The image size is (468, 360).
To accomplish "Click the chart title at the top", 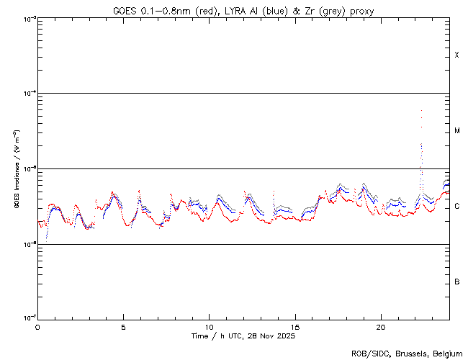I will pyautogui.click(x=243, y=10).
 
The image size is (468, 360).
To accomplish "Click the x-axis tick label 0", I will pyautogui.click(x=37, y=326).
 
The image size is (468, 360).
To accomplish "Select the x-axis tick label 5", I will pyautogui.click(x=123, y=326).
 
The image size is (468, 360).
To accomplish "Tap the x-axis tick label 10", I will pyautogui.click(x=209, y=326).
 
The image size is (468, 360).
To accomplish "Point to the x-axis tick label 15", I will pyautogui.click(x=295, y=326).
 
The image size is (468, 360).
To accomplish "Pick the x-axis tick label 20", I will pyautogui.click(x=381, y=326).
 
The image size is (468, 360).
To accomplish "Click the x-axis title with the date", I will pyautogui.click(x=243, y=336).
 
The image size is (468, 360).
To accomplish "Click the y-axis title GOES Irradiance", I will pyautogui.click(x=16, y=169).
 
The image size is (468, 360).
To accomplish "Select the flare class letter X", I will pyautogui.click(x=457, y=55).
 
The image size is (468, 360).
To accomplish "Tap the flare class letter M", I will pyautogui.click(x=457, y=131).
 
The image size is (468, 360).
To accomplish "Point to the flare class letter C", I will pyautogui.click(x=457, y=207).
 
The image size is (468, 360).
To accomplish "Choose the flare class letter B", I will pyautogui.click(x=457, y=282).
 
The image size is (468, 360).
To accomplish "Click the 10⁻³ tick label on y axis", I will pyautogui.click(x=27, y=19).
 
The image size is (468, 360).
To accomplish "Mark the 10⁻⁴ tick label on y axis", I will pyautogui.click(x=27, y=94).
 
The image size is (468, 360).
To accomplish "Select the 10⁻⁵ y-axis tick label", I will pyautogui.click(x=27, y=169).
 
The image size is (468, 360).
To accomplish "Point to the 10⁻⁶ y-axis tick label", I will pyautogui.click(x=27, y=245).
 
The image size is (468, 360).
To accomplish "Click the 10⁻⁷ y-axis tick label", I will pyautogui.click(x=27, y=319).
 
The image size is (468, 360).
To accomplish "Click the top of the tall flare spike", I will pyautogui.click(x=420, y=111).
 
